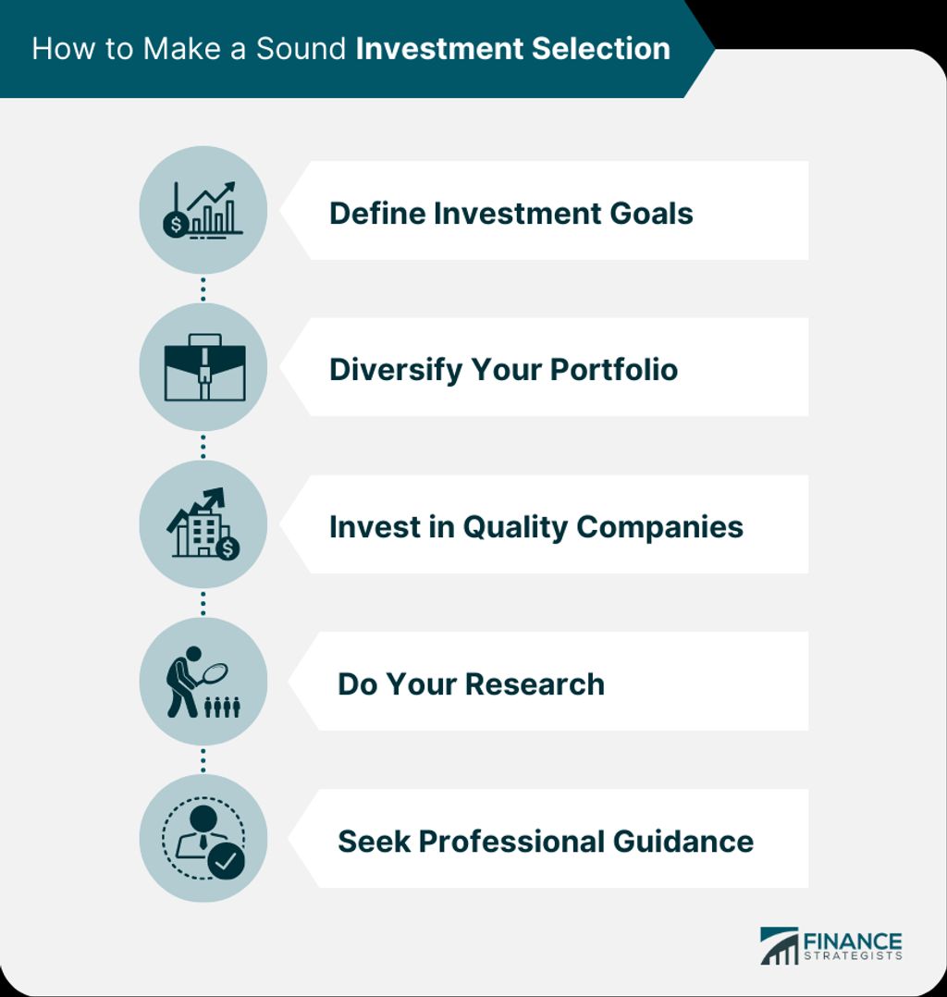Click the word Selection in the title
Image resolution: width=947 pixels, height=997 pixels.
point(601,48)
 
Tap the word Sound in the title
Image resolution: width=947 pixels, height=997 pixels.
point(301,48)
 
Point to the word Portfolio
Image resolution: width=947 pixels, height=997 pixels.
point(614,369)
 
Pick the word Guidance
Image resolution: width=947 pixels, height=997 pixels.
point(683,842)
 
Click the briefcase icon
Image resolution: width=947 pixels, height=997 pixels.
point(204,367)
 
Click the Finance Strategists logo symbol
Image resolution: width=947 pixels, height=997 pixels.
point(779,946)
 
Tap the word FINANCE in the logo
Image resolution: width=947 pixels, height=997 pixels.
point(853,942)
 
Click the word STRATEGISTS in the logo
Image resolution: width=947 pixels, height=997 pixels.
point(853,955)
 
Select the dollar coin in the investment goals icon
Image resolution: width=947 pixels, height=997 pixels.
point(175,225)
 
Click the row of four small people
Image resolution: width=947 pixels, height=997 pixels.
point(222,707)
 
